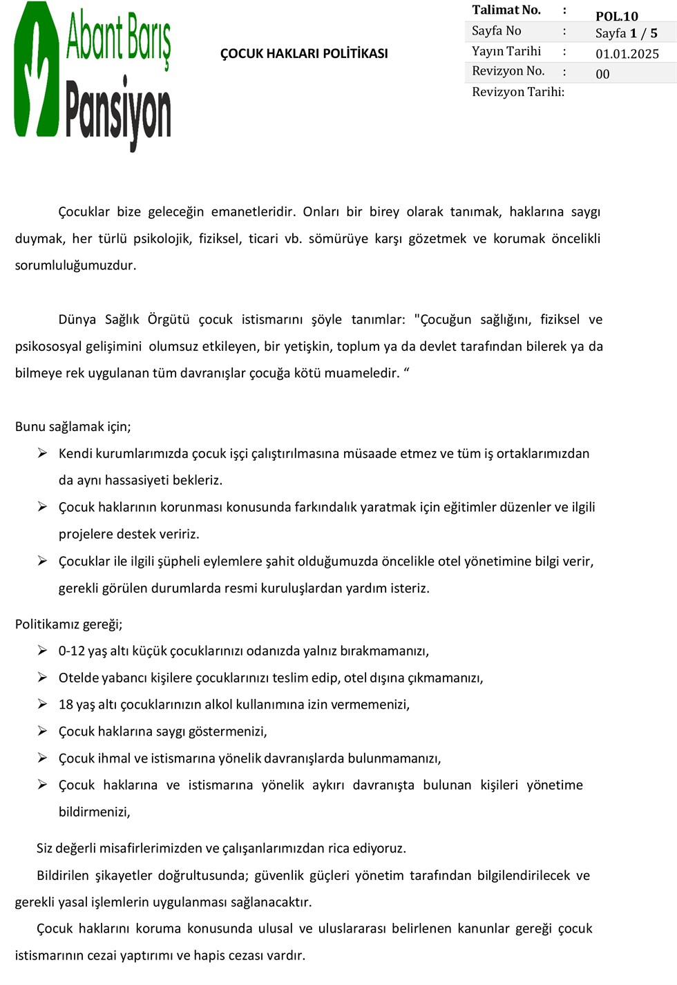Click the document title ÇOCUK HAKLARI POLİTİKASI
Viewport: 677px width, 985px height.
point(304,54)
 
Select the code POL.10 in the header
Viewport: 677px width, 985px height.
point(616,17)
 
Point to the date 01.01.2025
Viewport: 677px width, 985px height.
point(627,54)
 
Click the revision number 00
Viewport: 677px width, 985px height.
point(602,74)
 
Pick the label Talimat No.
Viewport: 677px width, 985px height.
point(506,10)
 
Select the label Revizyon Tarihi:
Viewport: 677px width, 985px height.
point(517,92)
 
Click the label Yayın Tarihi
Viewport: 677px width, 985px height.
point(506,51)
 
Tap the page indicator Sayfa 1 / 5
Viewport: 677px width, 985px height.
point(626,33)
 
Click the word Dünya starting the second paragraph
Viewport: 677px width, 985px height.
point(77,320)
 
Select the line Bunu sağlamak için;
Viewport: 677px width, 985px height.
point(73,427)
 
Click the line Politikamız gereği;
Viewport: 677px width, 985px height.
point(68,624)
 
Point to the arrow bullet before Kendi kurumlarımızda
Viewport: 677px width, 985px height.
point(42,453)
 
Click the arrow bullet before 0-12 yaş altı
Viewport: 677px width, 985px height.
point(42,651)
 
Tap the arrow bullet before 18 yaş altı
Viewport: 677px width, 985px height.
point(42,705)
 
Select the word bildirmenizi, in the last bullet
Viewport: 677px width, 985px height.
point(94,812)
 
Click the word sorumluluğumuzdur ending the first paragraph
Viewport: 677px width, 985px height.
point(75,266)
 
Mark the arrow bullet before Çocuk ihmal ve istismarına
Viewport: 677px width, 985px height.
point(42,758)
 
